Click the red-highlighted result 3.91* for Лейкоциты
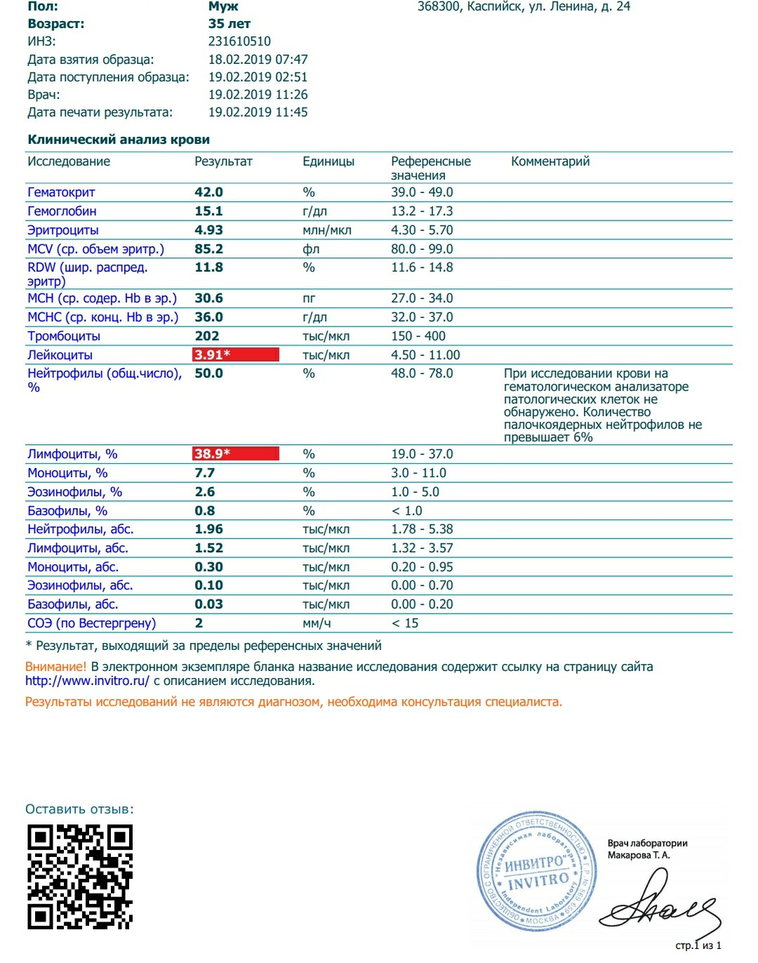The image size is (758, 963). coord(236,354)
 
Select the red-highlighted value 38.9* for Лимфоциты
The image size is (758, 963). coord(236,453)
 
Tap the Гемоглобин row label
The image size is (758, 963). coord(62,211)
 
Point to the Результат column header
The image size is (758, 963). coord(223,161)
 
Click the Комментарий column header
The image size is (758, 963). coord(550,161)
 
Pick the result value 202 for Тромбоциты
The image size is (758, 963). coord(207,336)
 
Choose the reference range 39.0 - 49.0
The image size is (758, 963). coord(422,192)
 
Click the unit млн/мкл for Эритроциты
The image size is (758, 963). coord(327,230)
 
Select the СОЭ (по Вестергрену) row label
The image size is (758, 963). coord(91,623)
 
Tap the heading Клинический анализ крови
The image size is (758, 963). coord(119,140)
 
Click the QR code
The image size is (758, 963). coord(80,877)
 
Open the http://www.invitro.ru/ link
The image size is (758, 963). coord(87,681)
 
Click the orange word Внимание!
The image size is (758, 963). coord(56,667)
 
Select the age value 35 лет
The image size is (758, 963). coord(229,24)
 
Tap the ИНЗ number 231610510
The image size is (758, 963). coord(239,41)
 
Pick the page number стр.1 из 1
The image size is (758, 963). coord(698,945)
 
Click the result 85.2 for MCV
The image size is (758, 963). coord(209,249)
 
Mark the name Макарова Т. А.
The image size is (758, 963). coord(639,855)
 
